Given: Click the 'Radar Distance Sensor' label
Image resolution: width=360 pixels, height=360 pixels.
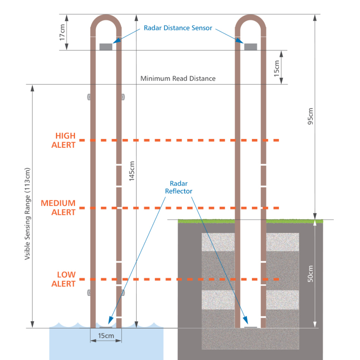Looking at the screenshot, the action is (178, 28).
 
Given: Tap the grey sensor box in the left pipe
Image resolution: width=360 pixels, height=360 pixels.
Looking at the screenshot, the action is (106, 47).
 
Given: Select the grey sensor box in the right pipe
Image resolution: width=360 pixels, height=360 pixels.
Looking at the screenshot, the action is (250, 47).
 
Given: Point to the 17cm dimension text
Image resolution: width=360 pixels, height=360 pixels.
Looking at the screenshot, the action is (62, 32).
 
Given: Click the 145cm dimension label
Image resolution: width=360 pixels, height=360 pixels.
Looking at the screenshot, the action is (132, 171).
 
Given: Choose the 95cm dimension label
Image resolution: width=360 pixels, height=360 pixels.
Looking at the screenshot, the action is (310, 116).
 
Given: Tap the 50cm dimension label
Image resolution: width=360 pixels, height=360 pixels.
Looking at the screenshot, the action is (310, 274).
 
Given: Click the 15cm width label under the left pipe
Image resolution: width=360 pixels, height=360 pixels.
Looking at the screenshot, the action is (106, 336).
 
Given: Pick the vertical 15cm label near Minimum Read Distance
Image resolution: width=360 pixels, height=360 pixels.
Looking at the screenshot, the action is (277, 68).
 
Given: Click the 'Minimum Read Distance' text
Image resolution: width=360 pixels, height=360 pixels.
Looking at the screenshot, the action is (178, 79).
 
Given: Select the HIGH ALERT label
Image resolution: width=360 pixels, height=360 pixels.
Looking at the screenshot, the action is (63, 140).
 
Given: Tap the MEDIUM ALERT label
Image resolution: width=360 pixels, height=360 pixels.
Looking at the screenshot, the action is (58, 208).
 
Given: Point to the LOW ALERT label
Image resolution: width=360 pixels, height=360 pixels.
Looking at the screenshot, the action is (63, 279).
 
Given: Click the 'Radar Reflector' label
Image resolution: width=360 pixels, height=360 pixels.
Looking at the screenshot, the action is (179, 187).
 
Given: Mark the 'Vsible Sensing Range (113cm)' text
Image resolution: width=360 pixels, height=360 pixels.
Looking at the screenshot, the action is (27, 214).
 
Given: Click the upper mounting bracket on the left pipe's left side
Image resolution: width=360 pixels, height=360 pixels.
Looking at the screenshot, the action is (89, 97).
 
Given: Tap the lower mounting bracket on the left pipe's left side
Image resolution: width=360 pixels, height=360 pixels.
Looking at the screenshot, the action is (89, 293).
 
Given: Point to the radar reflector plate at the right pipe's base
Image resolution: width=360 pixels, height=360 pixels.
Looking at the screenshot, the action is (250, 327).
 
